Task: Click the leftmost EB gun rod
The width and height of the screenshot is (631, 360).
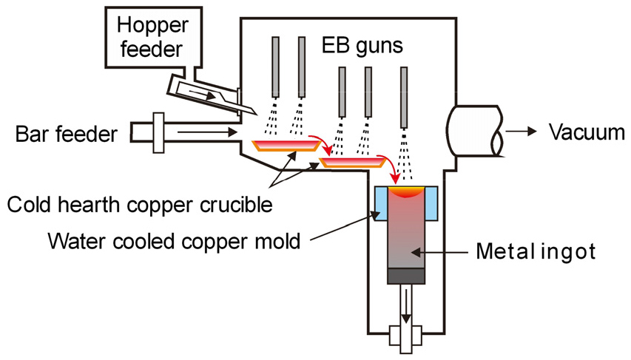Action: [x=276, y=65]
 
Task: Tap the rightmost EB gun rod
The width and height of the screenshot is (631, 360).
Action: [x=404, y=86]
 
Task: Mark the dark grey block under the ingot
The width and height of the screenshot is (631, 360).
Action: [x=406, y=275]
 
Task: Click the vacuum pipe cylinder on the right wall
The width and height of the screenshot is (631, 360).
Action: [x=473, y=131]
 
